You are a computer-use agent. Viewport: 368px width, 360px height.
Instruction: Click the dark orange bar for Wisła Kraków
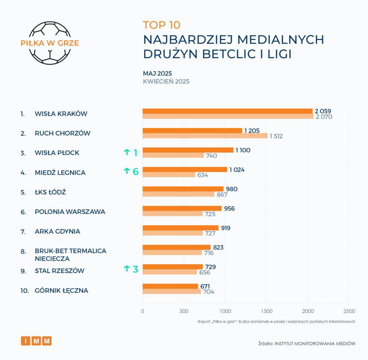point(227,111)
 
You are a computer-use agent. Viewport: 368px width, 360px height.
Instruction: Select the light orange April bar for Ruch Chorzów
point(205,136)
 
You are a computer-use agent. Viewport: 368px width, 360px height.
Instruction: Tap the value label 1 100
point(243,150)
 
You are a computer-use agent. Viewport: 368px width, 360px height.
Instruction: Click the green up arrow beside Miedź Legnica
point(126,171)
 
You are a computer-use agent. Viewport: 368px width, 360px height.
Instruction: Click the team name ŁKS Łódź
point(50,192)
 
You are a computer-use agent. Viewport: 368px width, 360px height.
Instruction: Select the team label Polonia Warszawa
point(70,212)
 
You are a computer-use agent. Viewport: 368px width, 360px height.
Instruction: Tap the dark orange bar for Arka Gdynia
point(180,228)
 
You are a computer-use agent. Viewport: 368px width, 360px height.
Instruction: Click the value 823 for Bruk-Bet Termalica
point(218,247)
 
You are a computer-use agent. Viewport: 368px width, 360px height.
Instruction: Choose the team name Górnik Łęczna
point(61,290)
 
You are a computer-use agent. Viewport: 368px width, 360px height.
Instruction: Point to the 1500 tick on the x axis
point(266,311)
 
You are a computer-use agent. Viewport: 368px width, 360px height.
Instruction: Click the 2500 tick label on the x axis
point(349,311)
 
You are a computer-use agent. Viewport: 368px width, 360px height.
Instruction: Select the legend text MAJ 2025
point(157,73)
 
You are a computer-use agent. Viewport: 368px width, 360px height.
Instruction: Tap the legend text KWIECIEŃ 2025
point(166,81)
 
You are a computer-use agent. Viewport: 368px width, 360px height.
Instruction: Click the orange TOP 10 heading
point(161,25)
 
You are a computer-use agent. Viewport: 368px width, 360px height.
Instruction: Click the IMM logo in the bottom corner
point(36,341)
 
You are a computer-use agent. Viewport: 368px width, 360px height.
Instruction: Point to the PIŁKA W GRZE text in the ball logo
point(50,43)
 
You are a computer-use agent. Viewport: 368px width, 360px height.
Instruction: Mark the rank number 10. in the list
point(24,290)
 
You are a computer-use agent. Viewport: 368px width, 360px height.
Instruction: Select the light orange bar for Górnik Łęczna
point(172,291)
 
